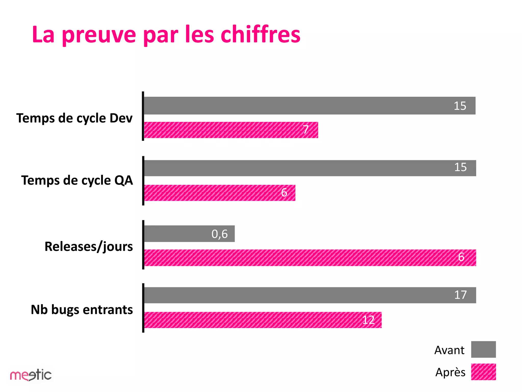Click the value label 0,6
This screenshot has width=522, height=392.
pyautogui.click(x=219, y=234)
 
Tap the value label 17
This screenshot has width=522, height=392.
pyautogui.click(x=460, y=295)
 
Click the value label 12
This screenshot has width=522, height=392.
pyautogui.click(x=368, y=320)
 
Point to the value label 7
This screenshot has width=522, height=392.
pyautogui.click(x=306, y=129)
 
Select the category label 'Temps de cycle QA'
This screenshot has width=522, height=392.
pyautogui.click(x=77, y=180)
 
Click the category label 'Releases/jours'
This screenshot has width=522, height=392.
pyautogui.click(x=89, y=247)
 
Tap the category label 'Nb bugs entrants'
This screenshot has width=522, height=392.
pyautogui.click(x=82, y=310)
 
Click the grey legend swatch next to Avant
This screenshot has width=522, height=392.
pyautogui.click(x=483, y=349)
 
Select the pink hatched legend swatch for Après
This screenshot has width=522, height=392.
pyautogui.click(x=483, y=372)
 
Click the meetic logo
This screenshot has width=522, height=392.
pyautogui.click(x=31, y=375)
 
